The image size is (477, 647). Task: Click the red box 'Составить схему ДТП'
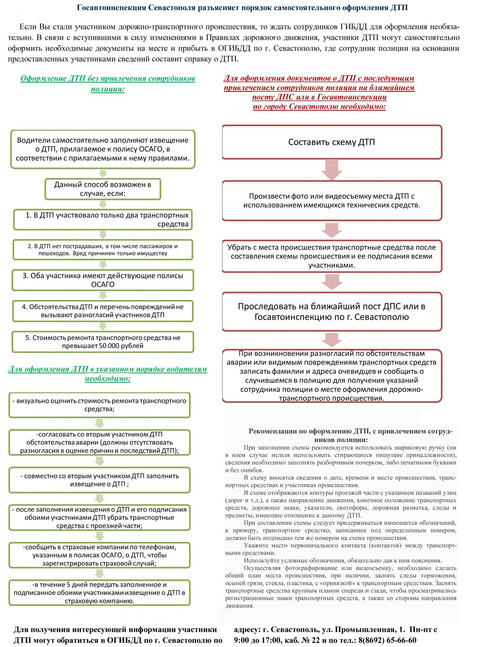pyautogui.click(x=332, y=142)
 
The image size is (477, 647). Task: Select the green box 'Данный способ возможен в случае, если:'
pyautogui.click(x=103, y=189)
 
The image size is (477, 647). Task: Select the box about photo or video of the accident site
pyautogui.click(x=332, y=201)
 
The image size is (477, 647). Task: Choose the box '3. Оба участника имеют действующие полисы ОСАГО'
pyautogui.click(x=103, y=280)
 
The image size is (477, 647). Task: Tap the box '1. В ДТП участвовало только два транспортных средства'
pyautogui.click(x=103, y=220)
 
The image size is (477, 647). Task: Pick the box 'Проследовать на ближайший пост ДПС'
pyautogui.click(x=332, y=312)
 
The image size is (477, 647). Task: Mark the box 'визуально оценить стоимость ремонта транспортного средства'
pyautogui.click(x=99, y=405)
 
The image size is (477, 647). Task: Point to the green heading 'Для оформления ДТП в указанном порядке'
pyautogui.click(x=108, y=374)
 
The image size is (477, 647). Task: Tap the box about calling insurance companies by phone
pyautogui.click(x=99, y=555)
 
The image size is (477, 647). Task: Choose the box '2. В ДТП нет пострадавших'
pyautogui.click(x=103, y=250)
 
